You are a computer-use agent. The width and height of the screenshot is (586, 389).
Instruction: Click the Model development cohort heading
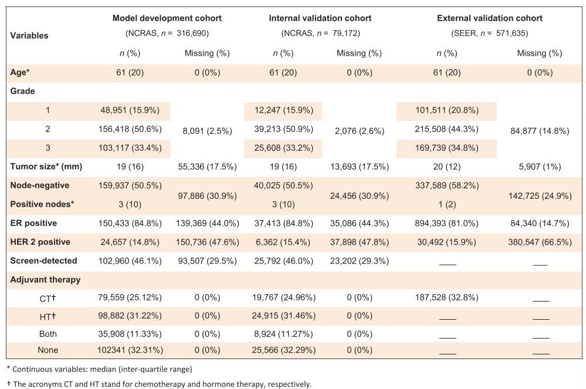point(167,18)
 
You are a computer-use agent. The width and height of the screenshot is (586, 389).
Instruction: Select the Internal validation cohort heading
point(320,18)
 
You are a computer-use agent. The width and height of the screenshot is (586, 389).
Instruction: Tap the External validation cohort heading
point(490,18)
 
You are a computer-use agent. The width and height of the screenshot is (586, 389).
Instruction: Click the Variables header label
point(29,36)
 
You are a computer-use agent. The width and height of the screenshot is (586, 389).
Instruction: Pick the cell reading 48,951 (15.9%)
point(130,110)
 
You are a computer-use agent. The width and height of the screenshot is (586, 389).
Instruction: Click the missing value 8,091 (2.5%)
point(207,131)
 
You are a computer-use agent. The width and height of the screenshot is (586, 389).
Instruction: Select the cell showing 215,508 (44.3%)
point(446,129)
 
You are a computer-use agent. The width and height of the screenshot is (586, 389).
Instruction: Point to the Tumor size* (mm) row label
point(46,167)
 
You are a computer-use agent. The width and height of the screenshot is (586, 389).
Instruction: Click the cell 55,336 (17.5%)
point(207,167)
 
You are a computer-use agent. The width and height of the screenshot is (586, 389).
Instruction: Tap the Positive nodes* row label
point(42,204)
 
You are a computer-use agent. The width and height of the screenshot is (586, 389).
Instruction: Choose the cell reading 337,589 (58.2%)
point(447,186)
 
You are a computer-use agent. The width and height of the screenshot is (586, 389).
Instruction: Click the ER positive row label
point(33,223)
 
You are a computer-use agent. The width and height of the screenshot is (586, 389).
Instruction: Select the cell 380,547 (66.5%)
point(540,242)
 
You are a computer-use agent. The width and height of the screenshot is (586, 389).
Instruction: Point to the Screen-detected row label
point(43,261)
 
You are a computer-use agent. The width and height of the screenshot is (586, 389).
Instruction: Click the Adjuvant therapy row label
point(45,280)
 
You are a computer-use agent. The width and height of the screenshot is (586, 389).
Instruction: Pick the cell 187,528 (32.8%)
point(446,297)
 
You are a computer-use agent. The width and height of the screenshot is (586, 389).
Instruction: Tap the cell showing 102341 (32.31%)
point(130,350)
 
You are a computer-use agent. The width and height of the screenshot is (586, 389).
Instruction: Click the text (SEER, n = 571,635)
point(490,33)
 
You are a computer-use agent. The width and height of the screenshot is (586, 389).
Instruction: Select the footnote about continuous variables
point(99,369)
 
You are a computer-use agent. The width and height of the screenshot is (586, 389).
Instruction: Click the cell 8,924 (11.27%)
point(284,334)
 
